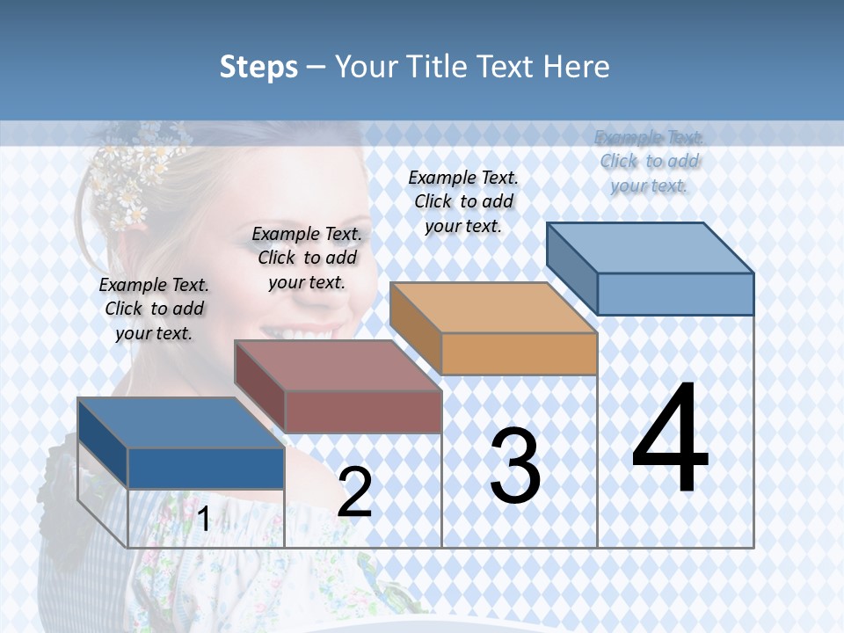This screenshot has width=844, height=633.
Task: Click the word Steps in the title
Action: pos(258,67)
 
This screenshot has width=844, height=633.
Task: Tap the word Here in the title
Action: pos(575,67)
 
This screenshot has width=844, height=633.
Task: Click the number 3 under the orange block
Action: pos(515,466)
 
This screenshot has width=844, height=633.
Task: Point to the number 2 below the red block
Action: pos(354,492)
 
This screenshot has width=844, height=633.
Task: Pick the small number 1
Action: pos(203,520)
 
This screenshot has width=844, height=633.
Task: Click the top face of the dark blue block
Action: pos(180,423)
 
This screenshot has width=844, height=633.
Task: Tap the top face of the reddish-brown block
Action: pos(337,365)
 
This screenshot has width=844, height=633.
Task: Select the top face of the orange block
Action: pos(493,308)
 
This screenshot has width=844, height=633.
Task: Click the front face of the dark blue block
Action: pos(206,468)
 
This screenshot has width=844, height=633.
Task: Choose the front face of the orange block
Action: pos(519,353)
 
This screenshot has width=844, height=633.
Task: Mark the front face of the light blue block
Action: pos(675,294)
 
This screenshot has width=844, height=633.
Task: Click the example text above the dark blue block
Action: pos(154,309)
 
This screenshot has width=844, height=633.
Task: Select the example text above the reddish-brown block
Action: pos(307,258)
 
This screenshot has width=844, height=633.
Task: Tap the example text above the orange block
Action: pos(463,201)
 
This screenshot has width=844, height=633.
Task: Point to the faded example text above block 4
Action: pos(649,161)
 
